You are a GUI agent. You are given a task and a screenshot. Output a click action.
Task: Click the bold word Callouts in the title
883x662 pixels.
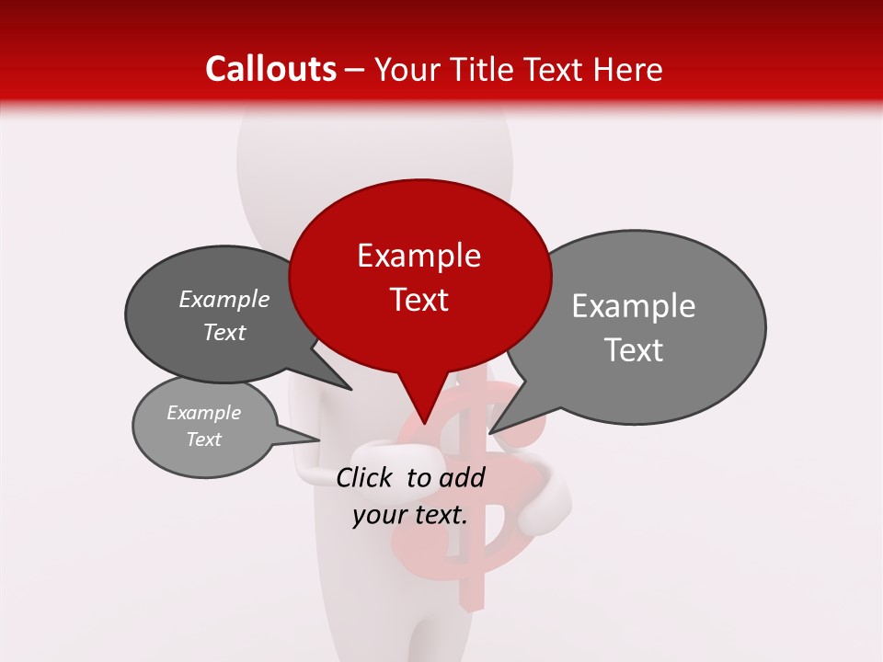[x=271, y=69]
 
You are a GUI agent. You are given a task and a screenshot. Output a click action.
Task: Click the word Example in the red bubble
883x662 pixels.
[x=419, y=256]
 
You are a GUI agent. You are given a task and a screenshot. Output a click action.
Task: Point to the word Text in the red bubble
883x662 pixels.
[x=419, y=300]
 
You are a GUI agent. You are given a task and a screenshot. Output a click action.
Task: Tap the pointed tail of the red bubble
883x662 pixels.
[x=424, y=418]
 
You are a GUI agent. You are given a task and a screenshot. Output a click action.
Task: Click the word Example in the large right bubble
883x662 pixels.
[x=634, y=306]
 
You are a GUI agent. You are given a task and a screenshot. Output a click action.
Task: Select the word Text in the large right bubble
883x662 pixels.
[x=634, y=350]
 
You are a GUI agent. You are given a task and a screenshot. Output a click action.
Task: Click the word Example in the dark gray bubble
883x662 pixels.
[x=224, y=299]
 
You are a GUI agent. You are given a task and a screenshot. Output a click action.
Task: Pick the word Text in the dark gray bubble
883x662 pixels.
[x=224, y=332]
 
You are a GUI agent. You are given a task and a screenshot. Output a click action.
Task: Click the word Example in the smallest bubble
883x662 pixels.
[x=203, y=413]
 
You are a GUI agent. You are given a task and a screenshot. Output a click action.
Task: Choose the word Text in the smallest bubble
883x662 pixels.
[x=203, y=439]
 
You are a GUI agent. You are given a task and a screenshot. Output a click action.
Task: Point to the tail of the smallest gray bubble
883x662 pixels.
[x=313, y=439]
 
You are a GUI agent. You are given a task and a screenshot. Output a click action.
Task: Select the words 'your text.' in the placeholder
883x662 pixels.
[x=410, y=515]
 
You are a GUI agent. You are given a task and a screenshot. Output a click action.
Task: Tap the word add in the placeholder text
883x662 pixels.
[x=463, y=477]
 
